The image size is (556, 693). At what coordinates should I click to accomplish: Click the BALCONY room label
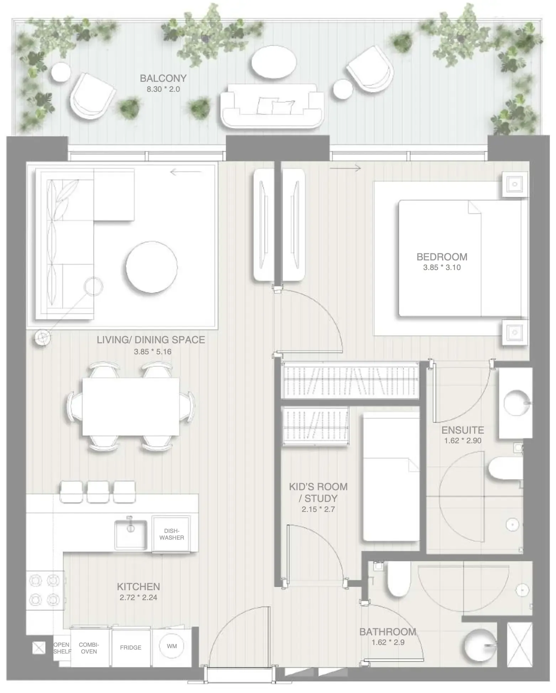tap(163, 78)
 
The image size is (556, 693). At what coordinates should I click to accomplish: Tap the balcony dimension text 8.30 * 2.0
tap(163, 89)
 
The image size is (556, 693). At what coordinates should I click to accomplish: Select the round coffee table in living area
tap(152, 267)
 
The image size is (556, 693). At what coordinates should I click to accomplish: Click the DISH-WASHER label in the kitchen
tap(172, 534)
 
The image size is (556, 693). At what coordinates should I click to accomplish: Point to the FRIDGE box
tap(131, 647)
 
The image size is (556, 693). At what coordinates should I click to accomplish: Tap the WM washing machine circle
tap(172, 646)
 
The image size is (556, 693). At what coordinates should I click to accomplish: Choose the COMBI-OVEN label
tap(89, 648)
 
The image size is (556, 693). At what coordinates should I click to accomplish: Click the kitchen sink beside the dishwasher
tap(130, 535)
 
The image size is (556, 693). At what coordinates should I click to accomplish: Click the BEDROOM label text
tap(442, 257)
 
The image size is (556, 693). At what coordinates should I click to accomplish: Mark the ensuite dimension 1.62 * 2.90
tap(462, 440)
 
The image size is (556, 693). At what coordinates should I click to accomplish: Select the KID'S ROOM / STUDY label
tap(318, 492)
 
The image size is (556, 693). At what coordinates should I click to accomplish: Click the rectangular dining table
tap(131, 406)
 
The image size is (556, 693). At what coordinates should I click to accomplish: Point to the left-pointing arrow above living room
tap(185, 173)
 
